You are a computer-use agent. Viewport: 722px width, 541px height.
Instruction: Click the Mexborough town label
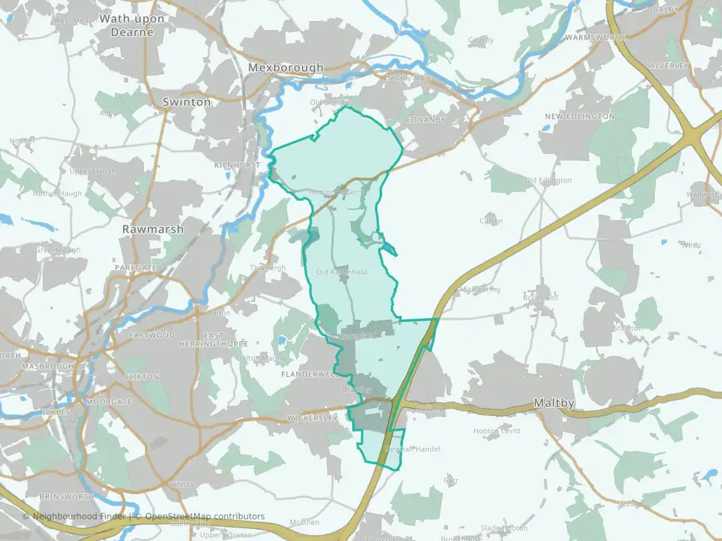click(286, 68)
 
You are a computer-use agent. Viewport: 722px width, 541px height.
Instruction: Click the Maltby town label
click(554, 403)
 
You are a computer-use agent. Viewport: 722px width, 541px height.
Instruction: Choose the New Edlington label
click(580, 116)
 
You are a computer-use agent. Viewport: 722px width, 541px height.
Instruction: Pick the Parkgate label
click(136, 267)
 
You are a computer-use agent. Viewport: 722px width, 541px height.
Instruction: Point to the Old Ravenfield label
click(341, 272)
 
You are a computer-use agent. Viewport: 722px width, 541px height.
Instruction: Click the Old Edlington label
click(548, 180)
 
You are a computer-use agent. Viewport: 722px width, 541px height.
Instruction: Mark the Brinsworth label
click(69, 497)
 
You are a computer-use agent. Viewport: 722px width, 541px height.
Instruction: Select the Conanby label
click(425, 119)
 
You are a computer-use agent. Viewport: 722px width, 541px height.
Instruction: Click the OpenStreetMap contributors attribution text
click(205, 516)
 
